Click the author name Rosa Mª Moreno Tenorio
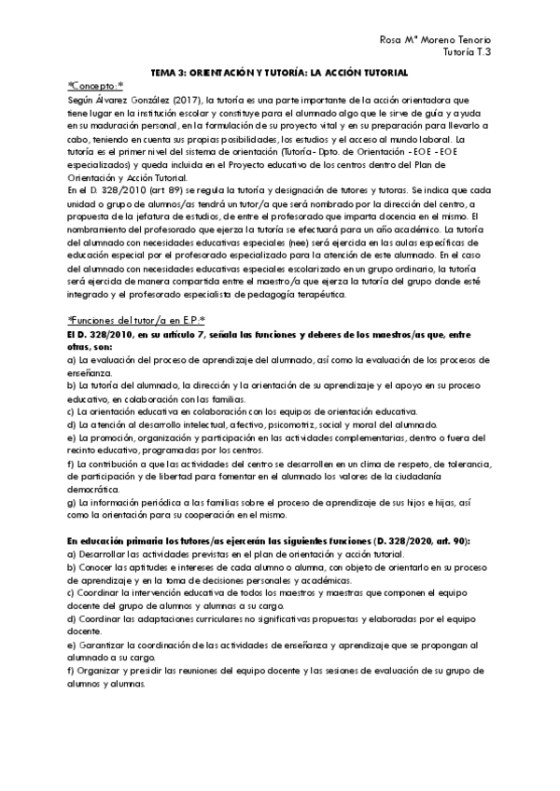[x=436, y=39]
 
